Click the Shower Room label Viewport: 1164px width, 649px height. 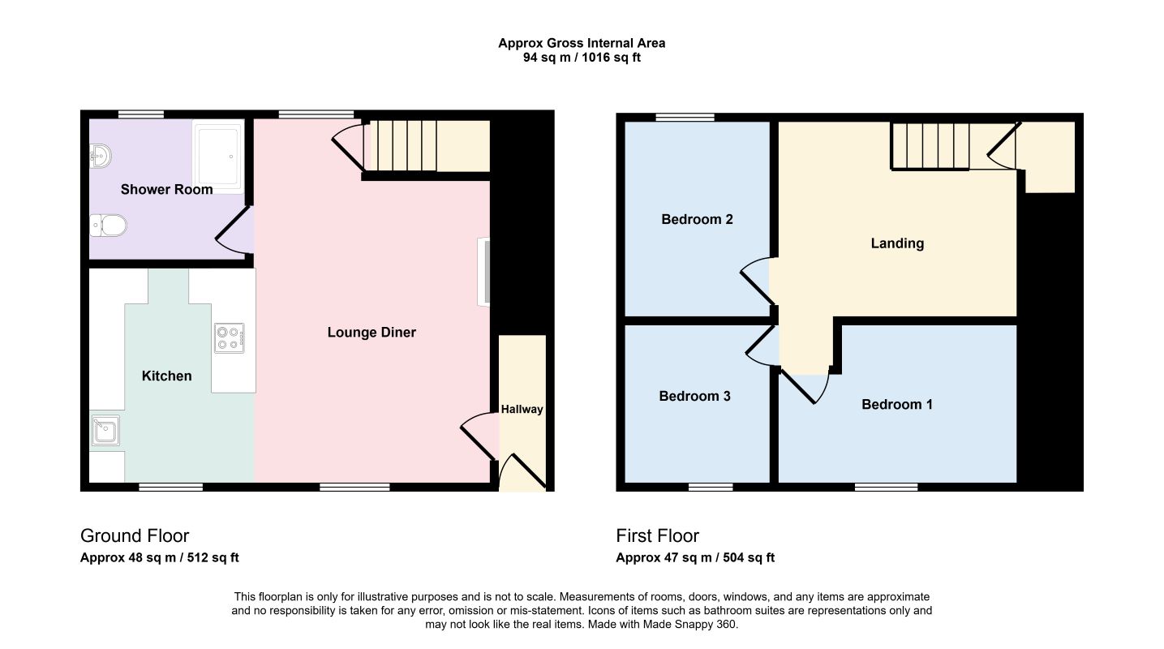(167, 190)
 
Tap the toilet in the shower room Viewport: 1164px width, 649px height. (109, 226)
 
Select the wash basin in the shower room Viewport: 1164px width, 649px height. (101, 156)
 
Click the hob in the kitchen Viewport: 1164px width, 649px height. (230, 337)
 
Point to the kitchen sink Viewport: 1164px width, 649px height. (105, 430)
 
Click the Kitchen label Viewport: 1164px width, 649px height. (167, 376)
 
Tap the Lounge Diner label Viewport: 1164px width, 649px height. (372, 333)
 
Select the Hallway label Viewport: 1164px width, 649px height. (522, 410)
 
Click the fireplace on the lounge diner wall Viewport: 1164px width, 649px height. (483, 272)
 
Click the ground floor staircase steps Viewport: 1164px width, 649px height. (400, 145)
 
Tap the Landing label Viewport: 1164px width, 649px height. (897, 243)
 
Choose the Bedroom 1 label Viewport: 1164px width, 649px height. (897, 404)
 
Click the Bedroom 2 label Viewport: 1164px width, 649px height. (697, 219)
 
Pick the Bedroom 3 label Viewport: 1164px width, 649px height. (695, 396)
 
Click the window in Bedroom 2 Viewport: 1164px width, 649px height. (685, 117)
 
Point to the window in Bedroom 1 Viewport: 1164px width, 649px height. (887, 487)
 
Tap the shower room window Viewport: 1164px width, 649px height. (141, 114)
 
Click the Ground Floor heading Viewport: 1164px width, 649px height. (135, 535)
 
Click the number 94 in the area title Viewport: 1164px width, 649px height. (530, 57)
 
